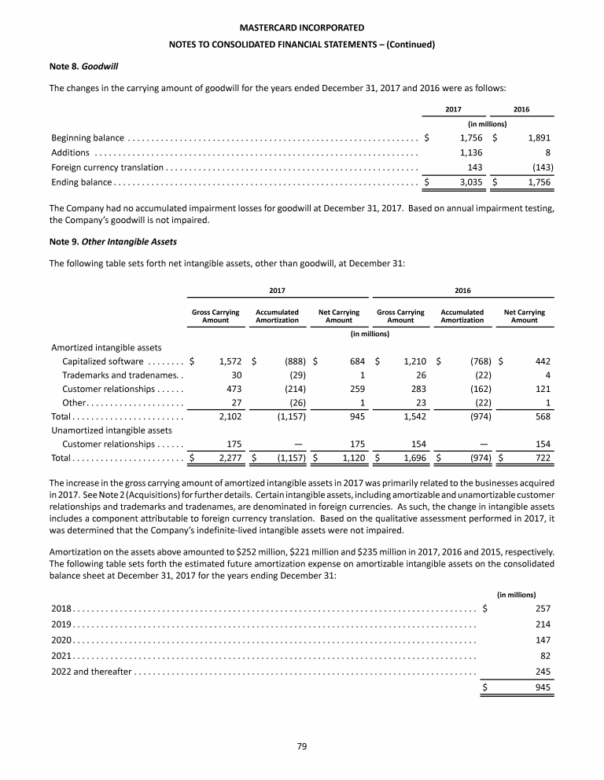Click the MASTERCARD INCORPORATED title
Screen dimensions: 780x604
click(x=302, y=29)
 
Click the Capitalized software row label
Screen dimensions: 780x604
click(x=102, y=361)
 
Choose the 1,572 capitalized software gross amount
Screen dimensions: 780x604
click(x=226, y=361)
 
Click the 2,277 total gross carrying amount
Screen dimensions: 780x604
click(x=226, y=457)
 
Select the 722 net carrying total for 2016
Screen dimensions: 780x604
click(x=541, y=457)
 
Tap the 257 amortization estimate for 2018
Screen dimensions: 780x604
click(x=541, y=608)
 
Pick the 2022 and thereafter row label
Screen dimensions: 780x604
click(x=91, y=671)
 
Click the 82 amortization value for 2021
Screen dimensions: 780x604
click(x=544, y=655)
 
